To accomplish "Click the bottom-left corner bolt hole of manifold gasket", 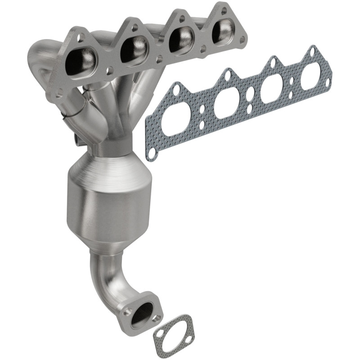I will [151, 153].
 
